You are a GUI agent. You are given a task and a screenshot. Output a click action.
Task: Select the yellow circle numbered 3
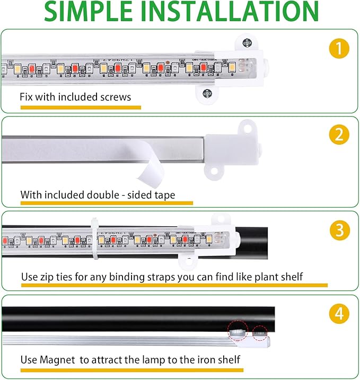[x=338, y=231]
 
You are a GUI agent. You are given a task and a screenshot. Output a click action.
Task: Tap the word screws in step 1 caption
[x=117, y=97]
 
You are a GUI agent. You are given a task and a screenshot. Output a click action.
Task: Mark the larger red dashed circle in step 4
[x=238, y=330]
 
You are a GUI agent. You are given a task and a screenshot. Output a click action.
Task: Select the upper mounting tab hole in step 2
[x=245, y=127]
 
